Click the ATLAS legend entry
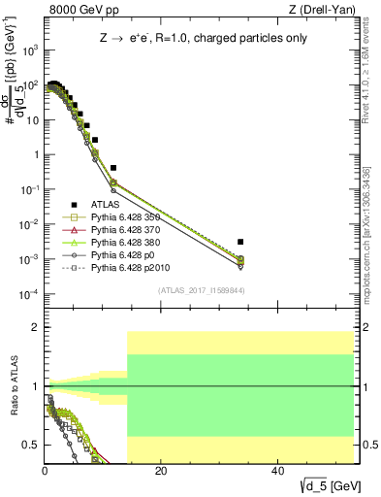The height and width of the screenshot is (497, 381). pos(108,205)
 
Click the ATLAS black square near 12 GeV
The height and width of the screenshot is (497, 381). pos(113,168)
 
